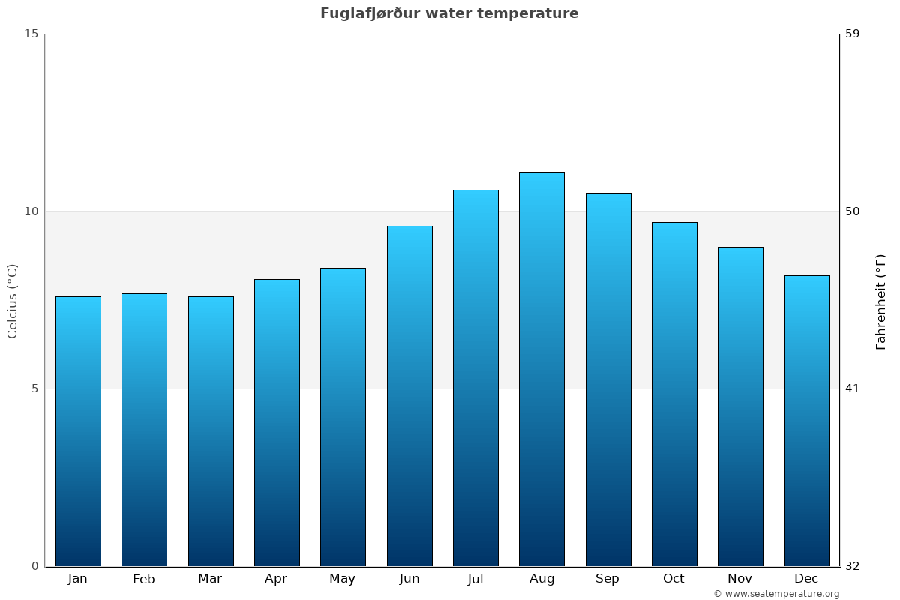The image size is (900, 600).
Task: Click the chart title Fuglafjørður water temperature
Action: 449,13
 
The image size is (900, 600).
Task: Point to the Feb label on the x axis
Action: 143,579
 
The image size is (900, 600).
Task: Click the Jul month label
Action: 475,579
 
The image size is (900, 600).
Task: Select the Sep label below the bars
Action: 607,579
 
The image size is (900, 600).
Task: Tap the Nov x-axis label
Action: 740,579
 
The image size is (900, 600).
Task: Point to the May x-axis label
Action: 343,579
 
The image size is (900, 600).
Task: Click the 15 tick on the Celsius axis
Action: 31,34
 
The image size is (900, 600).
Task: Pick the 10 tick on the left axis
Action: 31,211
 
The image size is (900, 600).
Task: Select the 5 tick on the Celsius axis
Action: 34,388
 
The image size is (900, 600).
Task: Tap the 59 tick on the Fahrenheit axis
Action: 853,34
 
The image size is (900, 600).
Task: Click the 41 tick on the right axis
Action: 853,388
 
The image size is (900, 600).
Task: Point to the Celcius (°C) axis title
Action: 13,301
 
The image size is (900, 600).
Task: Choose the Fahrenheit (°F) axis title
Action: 881,301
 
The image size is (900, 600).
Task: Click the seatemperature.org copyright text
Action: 776,594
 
